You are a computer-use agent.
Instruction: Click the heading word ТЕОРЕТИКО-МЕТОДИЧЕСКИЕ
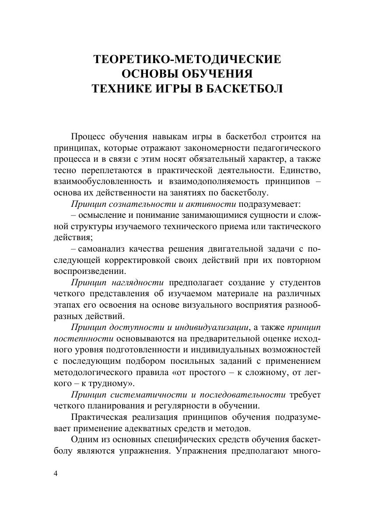[x=187, y=60]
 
